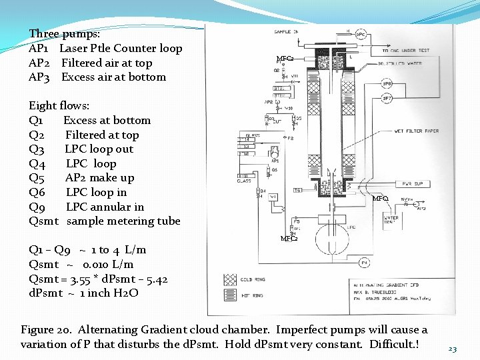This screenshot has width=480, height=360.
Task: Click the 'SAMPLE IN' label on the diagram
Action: click(286, 32)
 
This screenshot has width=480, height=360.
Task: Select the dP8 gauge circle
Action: click(387, 84)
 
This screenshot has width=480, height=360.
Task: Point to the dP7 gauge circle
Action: click(387, 98)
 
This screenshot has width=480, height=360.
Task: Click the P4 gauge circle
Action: click(365, 262)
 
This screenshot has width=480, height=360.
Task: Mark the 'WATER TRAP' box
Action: click(391, 219)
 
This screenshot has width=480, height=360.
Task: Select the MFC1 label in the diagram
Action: click(381, 199)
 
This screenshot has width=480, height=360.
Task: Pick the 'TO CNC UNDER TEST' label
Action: click(406, 51)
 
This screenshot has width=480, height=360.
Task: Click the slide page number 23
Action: click(453, 349)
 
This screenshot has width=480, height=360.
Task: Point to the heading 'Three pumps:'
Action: click(65, 33)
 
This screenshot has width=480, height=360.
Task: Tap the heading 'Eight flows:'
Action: click(59, 105)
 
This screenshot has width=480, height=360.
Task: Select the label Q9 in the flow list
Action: click(37, 207)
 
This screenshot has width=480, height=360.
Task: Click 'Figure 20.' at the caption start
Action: click(47, 330)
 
